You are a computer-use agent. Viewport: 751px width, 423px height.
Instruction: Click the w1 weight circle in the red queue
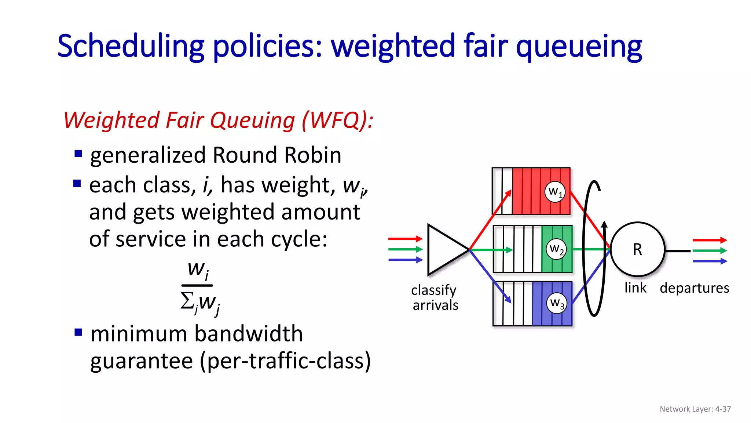point(555,192)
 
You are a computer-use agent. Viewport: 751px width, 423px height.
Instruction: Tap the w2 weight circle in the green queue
point(556,249)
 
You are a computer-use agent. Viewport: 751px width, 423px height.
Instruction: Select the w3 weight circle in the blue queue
point(556,303)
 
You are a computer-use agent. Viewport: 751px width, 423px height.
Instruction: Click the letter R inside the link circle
point(637,250)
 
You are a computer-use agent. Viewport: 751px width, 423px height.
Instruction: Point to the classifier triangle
point(445,250)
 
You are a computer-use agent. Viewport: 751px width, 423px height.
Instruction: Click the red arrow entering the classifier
point(405,239)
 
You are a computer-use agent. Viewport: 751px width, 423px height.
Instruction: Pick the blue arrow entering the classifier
point(405,260)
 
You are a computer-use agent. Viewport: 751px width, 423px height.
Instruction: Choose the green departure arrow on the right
point(709,251)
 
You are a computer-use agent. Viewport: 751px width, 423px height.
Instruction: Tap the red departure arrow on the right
point(709,240)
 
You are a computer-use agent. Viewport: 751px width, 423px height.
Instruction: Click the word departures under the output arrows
point(694,288)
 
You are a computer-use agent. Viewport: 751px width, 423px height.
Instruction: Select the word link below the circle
point(635,288)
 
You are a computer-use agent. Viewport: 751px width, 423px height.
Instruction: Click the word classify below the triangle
point(434,290)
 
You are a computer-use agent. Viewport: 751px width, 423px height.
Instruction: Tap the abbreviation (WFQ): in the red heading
point(337,120)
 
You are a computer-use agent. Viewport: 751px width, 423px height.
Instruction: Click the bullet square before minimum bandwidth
point(78,332)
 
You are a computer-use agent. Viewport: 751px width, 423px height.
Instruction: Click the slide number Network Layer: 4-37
point(695,409)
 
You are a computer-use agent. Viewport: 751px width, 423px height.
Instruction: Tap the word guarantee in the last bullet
point(142,361)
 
